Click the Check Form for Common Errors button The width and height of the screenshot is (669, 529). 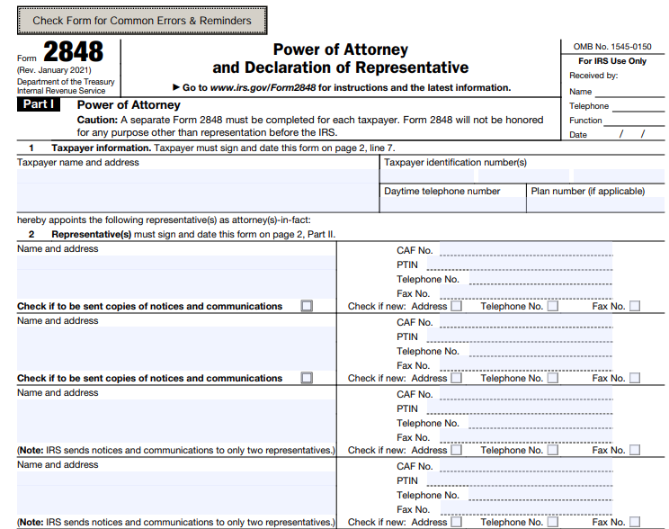(142, 21)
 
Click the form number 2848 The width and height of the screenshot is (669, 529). (73, 52)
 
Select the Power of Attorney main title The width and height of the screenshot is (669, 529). (340, 49)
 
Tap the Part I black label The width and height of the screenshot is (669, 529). (38, 105)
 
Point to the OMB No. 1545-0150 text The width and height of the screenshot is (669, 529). (611, 46)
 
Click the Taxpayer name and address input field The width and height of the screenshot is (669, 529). (197, 189)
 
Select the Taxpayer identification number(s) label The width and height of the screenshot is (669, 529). (455, 163)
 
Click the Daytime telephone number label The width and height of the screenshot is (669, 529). (442, 191)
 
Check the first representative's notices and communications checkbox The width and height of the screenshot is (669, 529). (307, 306)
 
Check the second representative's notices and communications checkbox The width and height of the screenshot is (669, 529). (307, 378)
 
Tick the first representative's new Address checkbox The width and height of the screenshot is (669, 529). (457, 306)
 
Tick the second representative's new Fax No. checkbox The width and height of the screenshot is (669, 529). (635, 378)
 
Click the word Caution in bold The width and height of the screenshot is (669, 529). (96, 120)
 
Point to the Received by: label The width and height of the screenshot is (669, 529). (593, 76)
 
